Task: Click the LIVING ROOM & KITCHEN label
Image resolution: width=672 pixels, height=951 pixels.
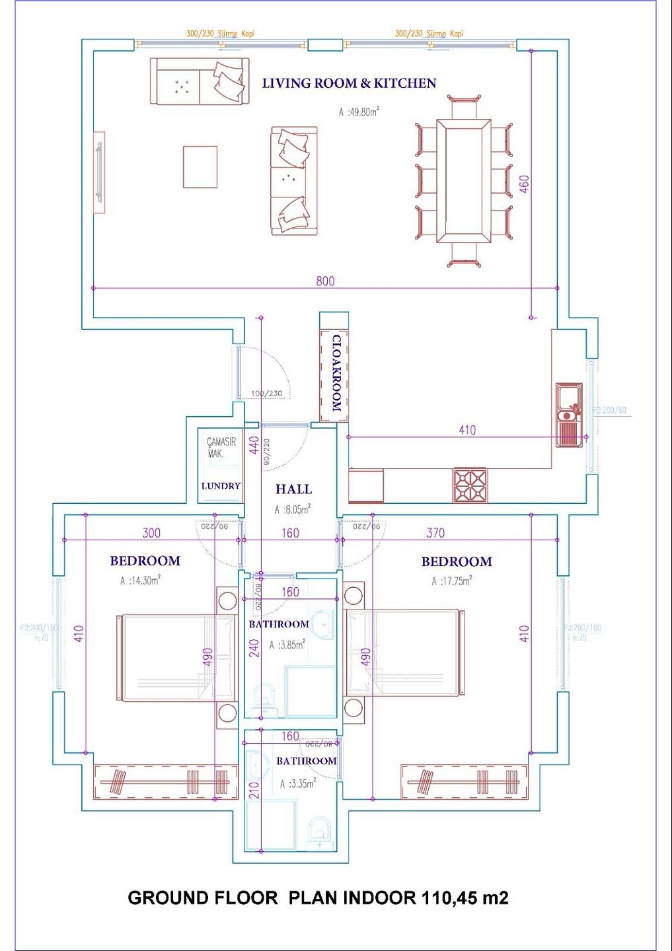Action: pyautogui.click(x=349, y=83)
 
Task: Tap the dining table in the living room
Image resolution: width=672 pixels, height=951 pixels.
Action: pyautogui.click(x=463, y=181)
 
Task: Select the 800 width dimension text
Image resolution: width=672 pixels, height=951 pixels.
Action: pyautogui.click(x=325, y=281)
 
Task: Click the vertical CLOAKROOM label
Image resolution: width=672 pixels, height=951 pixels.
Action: pyautogui.click(x=336, y=373)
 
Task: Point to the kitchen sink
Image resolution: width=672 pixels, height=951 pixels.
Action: pyautogui.click(x=568, y=415)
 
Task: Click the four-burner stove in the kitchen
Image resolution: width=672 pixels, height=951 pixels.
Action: pyautogui.click(x=470, y=485)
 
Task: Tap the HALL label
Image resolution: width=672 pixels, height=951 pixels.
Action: pyautogui.click(x=293, y=489)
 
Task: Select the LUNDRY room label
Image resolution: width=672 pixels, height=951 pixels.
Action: pyautogui.click(x=221, y=486)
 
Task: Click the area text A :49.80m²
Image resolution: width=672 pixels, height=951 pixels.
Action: pyautogui.click(x=359, y=112)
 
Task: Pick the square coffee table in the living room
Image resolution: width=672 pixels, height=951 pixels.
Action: pyautogui.click(x=200, y=167)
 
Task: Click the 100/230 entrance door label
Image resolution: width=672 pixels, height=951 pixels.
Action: pyautogui.click(x=266, y=394)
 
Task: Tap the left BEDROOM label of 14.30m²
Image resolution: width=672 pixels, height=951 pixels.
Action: pyautogui.click(x=145, y=561)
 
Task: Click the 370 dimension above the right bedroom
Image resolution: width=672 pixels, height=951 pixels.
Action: pyautogui.click(x=435, y=533)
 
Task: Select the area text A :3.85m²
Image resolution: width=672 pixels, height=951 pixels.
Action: pyautogui.click(x=287, y=645)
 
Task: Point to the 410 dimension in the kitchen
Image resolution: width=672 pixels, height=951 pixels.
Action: pyautogui.click(x=467, y=430)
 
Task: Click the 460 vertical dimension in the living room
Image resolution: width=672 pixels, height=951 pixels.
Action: pyautogui.click(x=524, y=184)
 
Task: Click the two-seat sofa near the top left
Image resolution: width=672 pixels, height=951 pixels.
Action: pyautogui.click(x=200, y=82)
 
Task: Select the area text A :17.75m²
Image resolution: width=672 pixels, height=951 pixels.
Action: pyautogui.click(x=451, y=581)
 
